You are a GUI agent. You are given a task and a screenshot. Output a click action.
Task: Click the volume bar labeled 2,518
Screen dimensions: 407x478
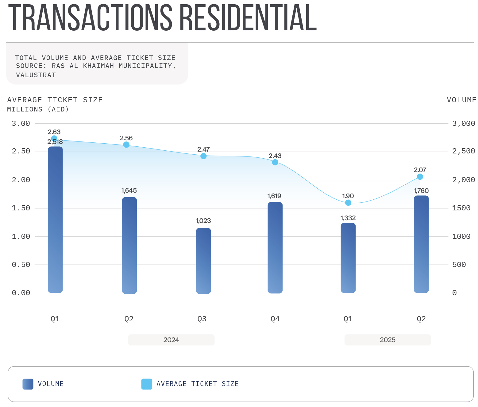tap(55, 220)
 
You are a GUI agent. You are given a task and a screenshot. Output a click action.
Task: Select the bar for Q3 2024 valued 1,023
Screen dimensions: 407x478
tap(203, 261)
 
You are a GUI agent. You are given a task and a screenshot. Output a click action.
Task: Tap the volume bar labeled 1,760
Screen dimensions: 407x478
tap(421, 244)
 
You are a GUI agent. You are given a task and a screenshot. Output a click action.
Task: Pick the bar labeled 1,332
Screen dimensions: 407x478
tap(348, 258)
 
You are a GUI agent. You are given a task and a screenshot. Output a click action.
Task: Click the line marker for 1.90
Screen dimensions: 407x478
tap(348, 203)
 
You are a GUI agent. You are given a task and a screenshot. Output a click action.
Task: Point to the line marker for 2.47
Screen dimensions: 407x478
tap(203, 156)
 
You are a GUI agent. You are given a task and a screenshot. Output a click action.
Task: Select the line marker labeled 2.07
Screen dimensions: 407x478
tap(420, 177)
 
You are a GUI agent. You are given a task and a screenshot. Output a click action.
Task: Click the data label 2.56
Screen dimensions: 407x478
tap(126, 138)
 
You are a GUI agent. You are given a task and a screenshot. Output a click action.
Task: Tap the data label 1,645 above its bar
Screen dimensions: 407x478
tap(129, 190)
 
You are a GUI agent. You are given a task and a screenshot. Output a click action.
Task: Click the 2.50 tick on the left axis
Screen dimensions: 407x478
tap(21, 151)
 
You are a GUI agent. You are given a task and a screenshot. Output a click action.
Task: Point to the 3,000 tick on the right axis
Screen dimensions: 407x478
tap(463, 123)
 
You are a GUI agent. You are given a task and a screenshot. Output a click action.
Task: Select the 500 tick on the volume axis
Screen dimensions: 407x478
tap(459, 265)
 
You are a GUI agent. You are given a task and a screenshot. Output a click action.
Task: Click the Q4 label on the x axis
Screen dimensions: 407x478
tap(275, 319)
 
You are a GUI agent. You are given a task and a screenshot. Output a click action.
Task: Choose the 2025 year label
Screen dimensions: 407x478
tap(387, 340)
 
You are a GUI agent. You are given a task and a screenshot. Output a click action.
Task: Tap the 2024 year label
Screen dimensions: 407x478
tap(171, 340)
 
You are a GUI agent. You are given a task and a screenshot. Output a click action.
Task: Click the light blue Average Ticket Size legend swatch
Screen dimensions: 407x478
tap(147, 384)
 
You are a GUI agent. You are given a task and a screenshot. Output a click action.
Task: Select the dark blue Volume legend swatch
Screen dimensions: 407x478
tap(28, 384)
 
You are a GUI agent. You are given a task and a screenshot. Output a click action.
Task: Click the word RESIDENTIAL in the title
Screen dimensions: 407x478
tap(248, 18)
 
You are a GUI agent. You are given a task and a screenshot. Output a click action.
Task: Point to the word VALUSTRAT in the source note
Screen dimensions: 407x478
tap(36, 75)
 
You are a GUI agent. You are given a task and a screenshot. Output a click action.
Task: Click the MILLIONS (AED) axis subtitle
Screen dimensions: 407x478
tap(38, 109)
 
